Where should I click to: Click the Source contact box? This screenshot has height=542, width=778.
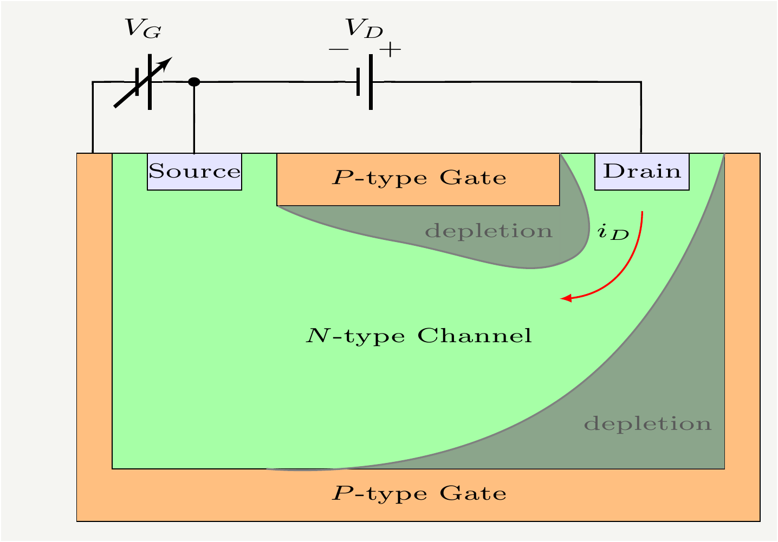pos(194,172)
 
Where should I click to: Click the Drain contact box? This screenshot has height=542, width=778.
pos(642,172)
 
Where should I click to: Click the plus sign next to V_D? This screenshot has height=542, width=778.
pos(390,50)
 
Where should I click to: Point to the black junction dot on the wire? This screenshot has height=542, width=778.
pos(194,82)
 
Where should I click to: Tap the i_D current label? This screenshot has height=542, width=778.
pos(613,233)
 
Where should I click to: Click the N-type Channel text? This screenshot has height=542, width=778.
pos(419,336)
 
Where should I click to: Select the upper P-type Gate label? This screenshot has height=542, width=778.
pos(419,178)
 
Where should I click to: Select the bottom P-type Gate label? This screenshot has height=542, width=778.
pos(419,494)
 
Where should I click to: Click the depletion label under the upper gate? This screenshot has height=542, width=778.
pos(489,232)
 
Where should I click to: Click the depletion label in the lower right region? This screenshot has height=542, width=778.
pos(647,424)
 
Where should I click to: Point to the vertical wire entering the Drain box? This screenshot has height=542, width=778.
pos(641,119)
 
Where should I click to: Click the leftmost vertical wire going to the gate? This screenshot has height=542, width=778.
pos(93,119)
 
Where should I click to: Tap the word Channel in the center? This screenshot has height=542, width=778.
pos(475,336)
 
